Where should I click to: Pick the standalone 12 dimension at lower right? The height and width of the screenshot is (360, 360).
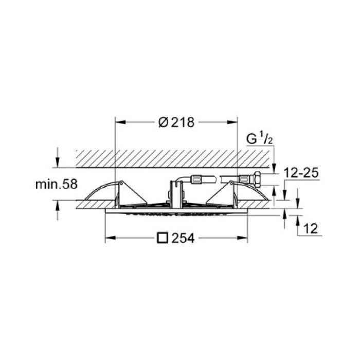[311, 228]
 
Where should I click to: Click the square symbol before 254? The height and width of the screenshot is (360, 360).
[163, 238]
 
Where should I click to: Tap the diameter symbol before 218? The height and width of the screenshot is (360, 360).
[162, 123]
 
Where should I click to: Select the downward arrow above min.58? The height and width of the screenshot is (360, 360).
[58, 163]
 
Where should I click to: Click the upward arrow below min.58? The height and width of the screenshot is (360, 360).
[58, 205]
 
